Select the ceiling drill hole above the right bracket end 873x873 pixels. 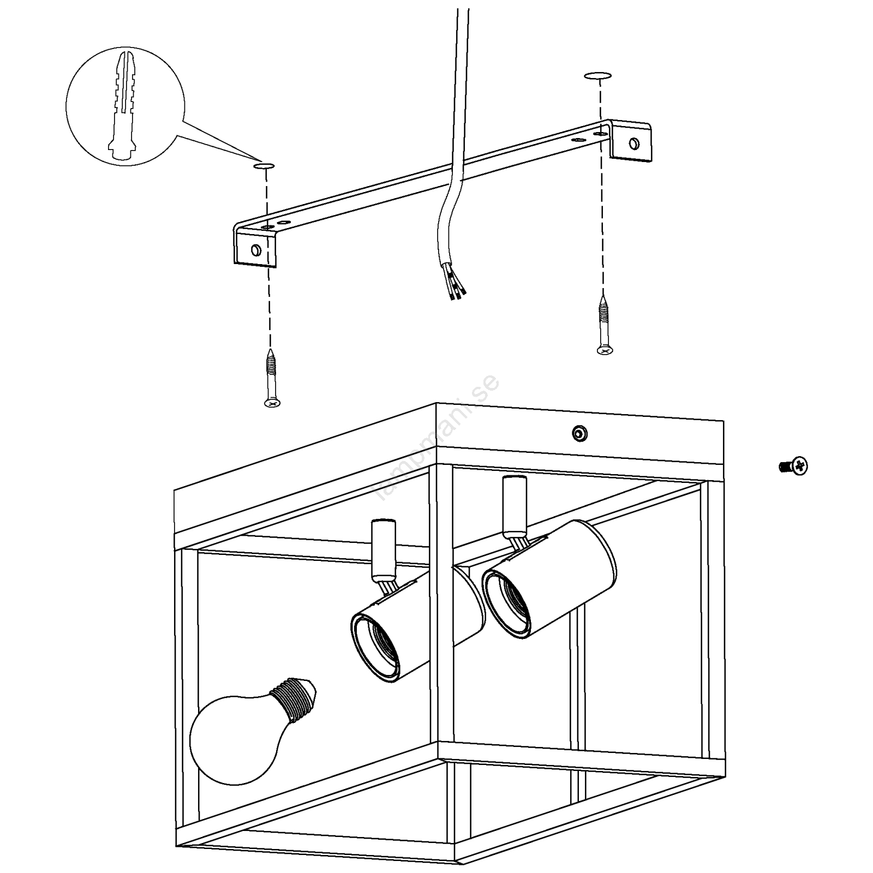597,76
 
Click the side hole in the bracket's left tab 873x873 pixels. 255,250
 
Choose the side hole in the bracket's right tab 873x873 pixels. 633,143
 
